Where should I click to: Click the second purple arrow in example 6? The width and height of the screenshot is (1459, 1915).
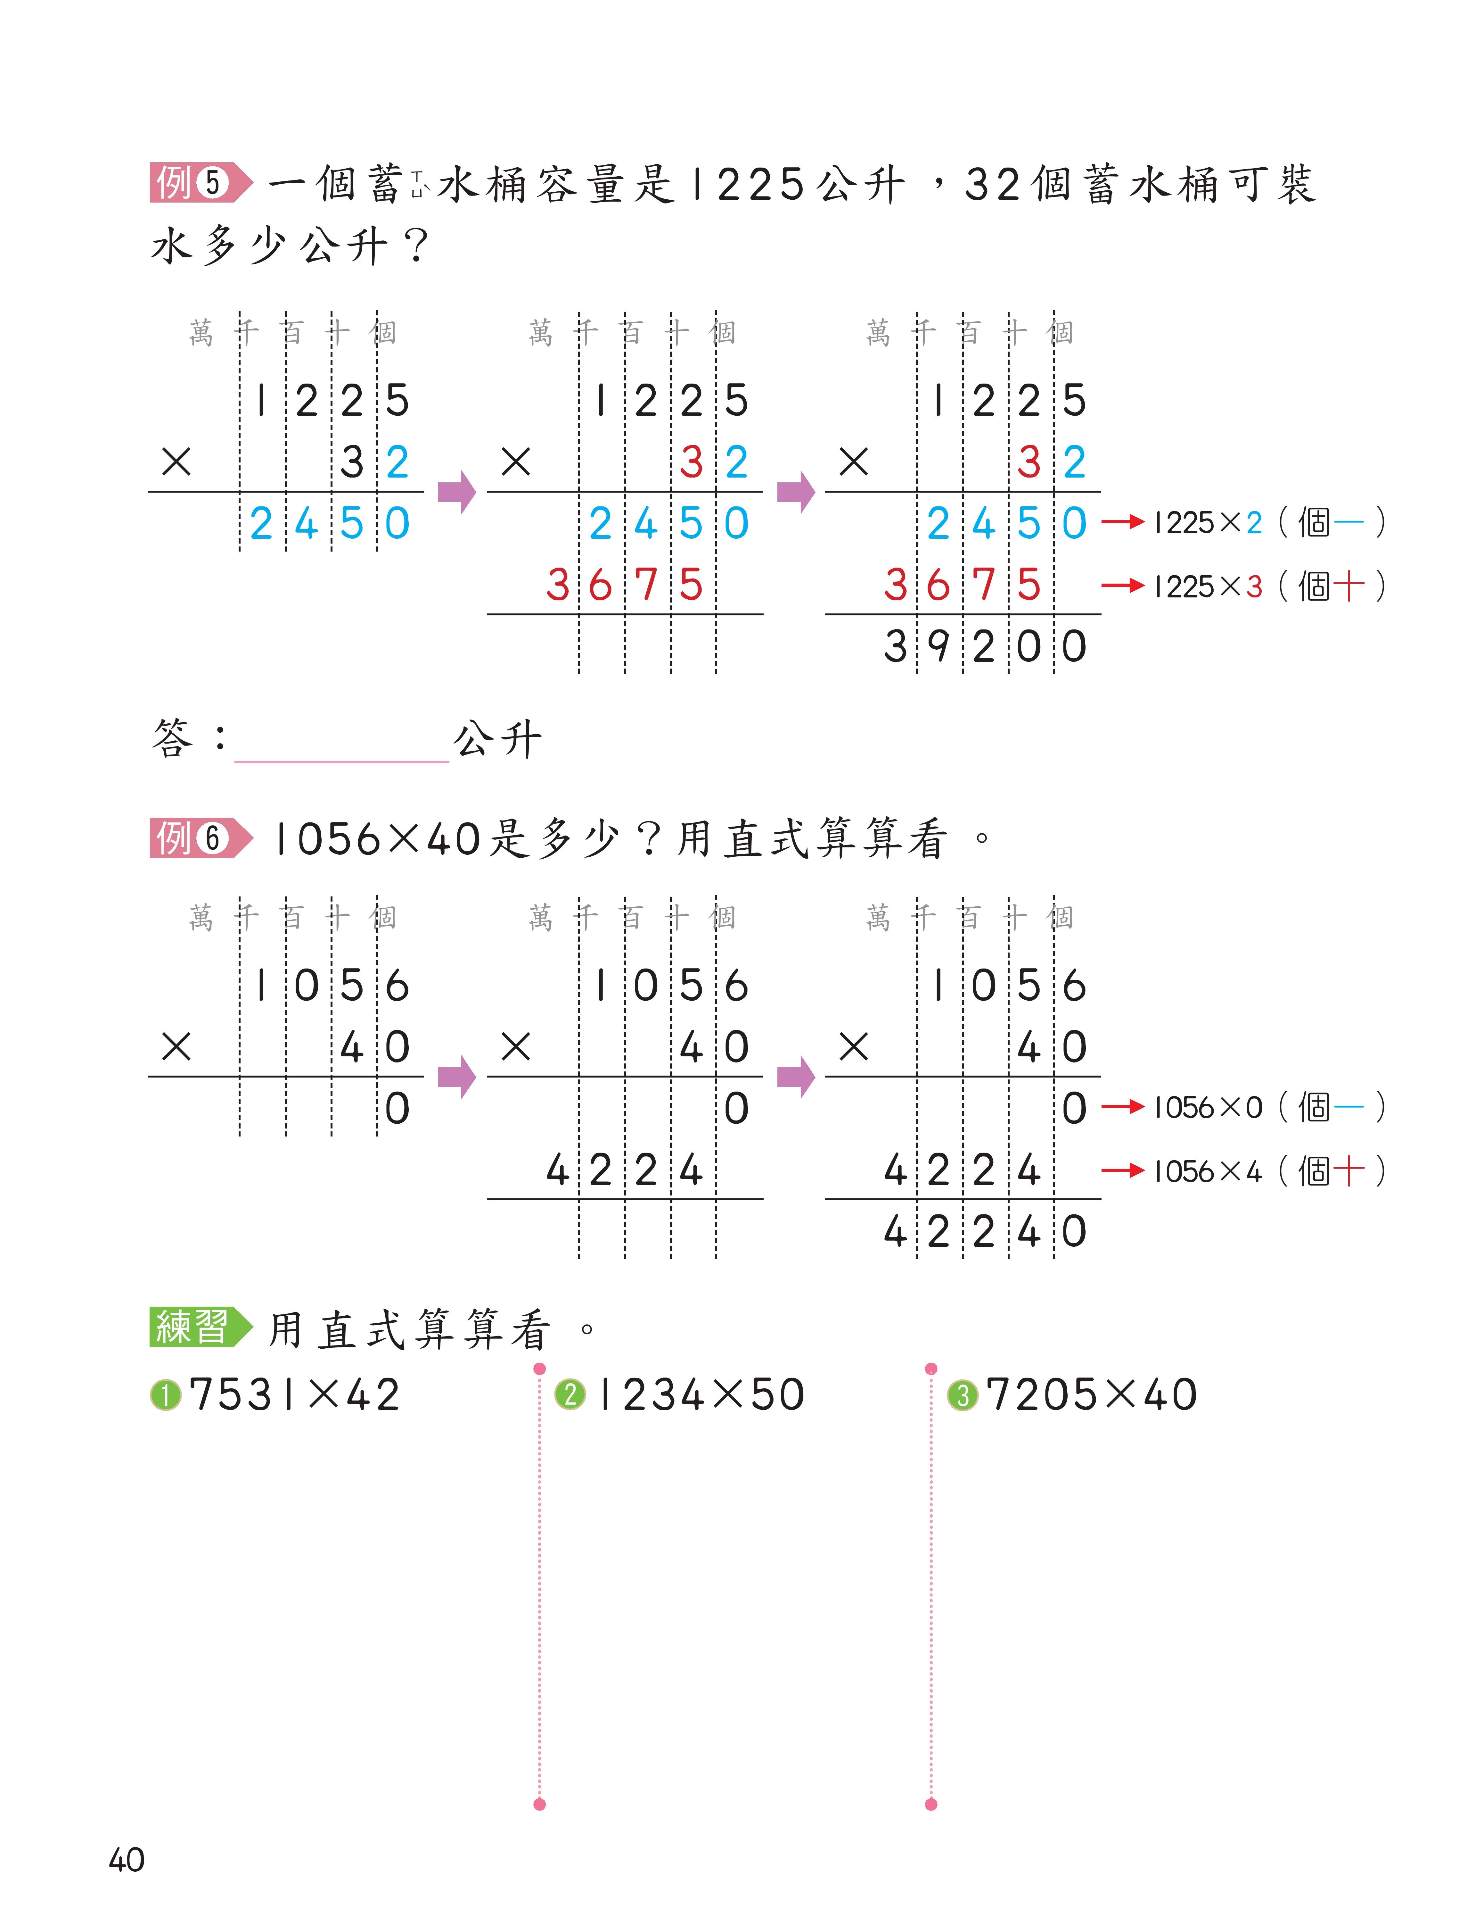[796, 1078]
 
